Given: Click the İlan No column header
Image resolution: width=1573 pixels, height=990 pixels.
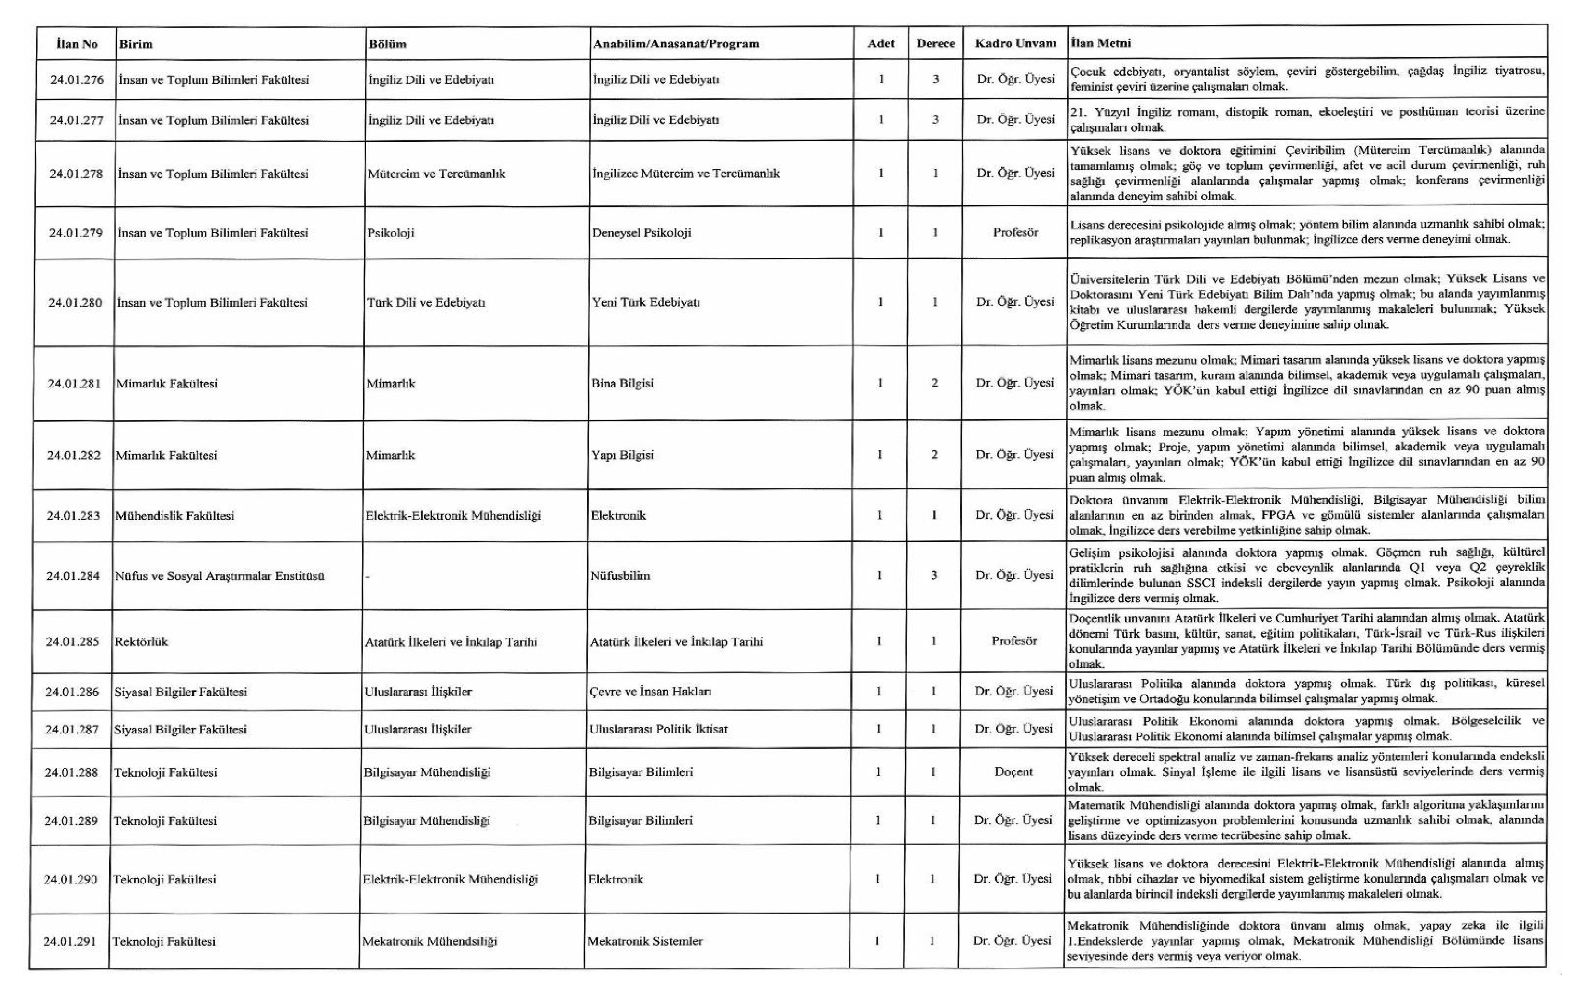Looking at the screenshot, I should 76,44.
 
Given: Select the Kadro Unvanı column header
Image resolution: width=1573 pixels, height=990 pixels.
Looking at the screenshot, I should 1015,44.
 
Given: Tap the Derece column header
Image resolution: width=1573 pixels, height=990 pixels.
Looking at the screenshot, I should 935,44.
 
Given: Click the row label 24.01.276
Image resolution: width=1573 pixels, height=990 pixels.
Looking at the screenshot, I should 76,80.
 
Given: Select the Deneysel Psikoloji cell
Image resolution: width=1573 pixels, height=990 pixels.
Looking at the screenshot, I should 642,233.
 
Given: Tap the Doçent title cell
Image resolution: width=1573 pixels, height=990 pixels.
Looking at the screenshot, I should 1013,772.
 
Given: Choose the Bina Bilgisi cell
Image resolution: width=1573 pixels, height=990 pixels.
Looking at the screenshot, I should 623,384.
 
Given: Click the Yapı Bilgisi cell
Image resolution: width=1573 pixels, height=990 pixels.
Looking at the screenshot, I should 623,455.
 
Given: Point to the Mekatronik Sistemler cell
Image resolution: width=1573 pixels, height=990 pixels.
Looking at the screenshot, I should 645,941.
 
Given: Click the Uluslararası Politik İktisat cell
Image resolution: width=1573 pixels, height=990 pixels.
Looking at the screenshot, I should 659,729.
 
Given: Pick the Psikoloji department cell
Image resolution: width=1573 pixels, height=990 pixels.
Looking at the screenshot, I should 391,233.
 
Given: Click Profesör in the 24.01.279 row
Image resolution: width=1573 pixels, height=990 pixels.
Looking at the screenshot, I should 1015,233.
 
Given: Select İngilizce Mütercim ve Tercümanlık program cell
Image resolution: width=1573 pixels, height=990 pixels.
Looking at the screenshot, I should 685,174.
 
